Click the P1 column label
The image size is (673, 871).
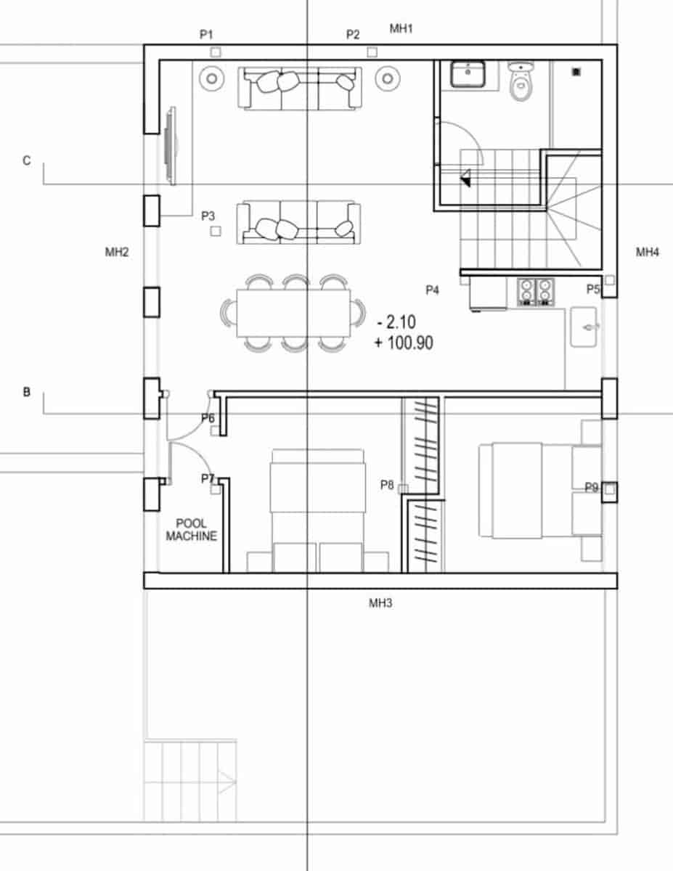(x=207, y=34)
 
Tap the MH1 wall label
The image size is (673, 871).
(x=401, y=28)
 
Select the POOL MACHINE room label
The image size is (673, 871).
(x=191, y=530)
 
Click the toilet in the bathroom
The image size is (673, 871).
(x=522, y=82)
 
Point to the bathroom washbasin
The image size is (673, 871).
(x=468, y=73)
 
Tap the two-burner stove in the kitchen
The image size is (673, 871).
(x=536, y=292)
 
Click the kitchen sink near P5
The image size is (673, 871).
(x=584, y=327)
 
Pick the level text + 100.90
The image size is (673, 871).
(x=404, y=343)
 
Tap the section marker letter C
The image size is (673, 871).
(x=27, y=160)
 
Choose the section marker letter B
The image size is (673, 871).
(x=27, y=392)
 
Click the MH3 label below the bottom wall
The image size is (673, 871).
(x=380, y=602)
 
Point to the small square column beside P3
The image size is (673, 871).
(x=216, y=231)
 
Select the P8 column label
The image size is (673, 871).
(x=387, y=485)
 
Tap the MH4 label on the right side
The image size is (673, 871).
(x=648, y=253)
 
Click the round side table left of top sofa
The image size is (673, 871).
(x=210, y=77)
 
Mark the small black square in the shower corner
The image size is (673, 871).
(x=576, y=71)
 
